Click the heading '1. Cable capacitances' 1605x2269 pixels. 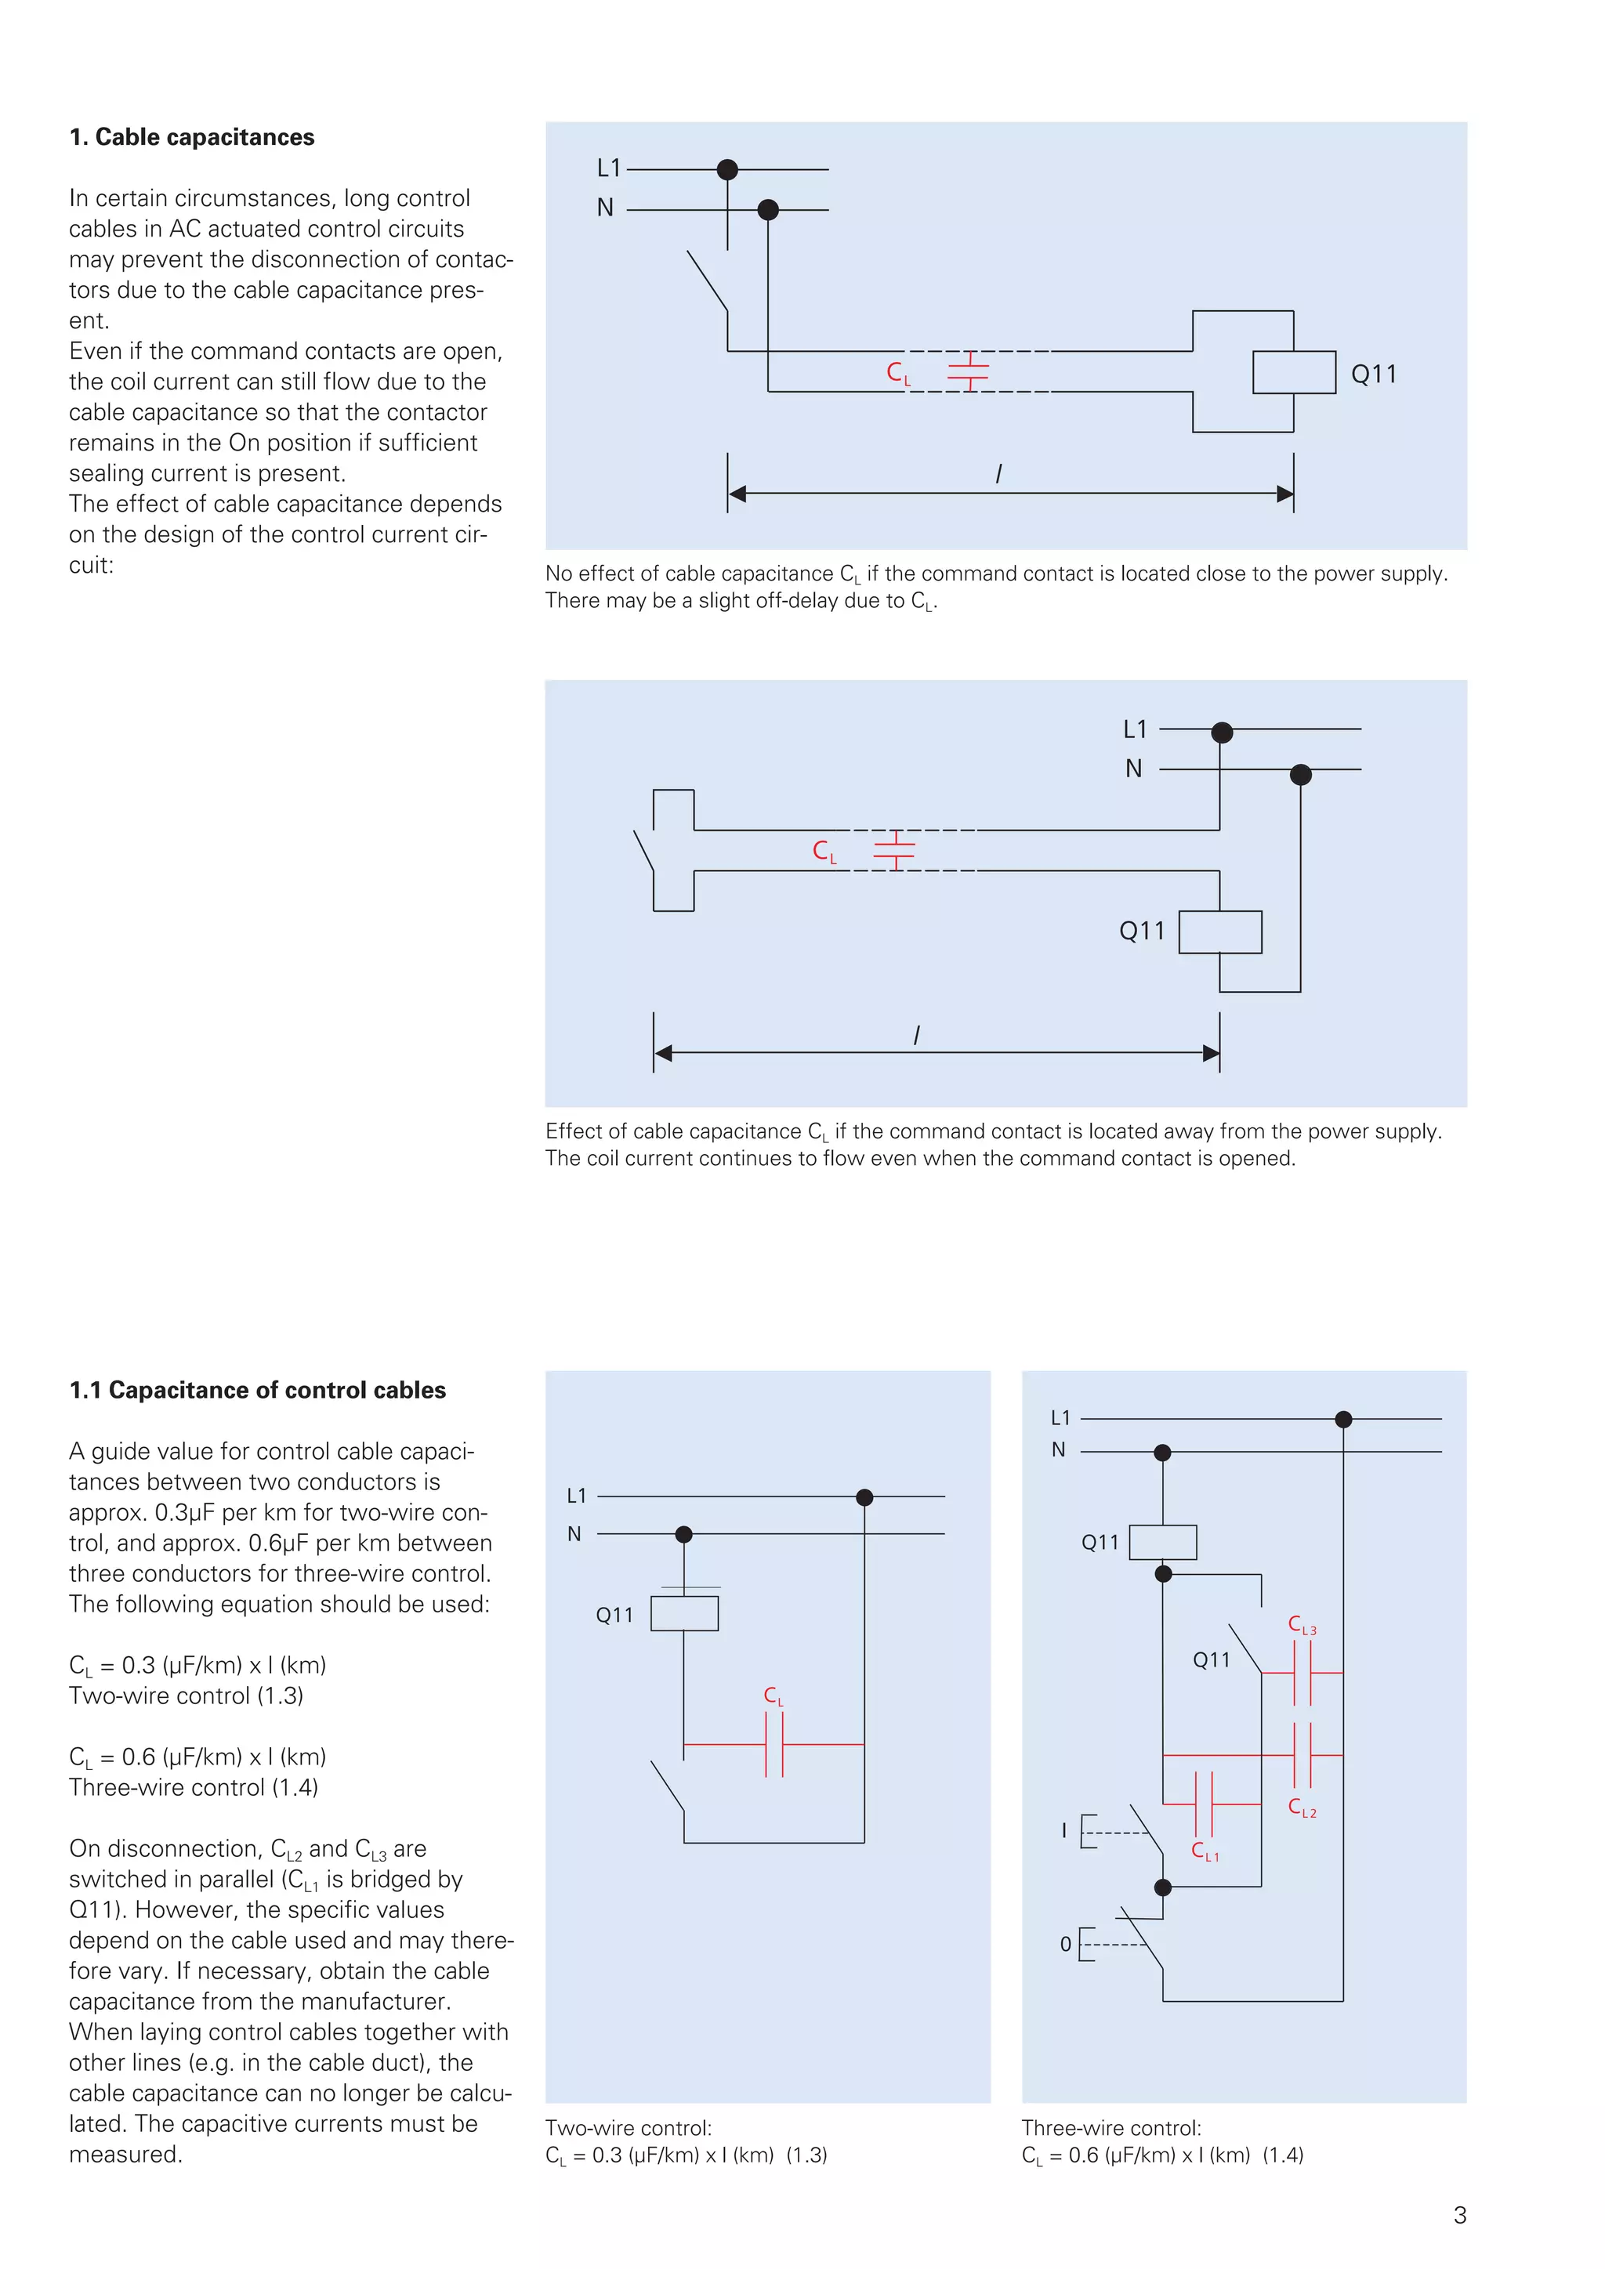(x=192, y=137)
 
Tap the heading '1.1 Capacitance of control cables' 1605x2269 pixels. (x=257, y=1391)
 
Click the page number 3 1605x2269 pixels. (x=1460, y=2216)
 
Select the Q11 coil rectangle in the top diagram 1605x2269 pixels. (x=1294, y=373)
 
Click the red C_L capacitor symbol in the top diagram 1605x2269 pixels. (x=969, y=371)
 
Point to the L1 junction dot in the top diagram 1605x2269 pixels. (x=727, y=170)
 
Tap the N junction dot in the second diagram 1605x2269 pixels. (x=1301, y=775)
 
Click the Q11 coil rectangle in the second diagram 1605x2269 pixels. (x=1220, y=932)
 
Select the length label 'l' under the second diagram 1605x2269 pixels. (x=916, y=1035)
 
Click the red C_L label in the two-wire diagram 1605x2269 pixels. (x=773, y=1695)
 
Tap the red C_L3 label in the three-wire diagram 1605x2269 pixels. (x=1302, y=1626)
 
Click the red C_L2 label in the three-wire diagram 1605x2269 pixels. (x=1302, y=1808)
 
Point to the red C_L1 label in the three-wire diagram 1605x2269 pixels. (x=1205, y=1851)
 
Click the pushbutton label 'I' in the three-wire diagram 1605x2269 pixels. (x=1064, y=1830)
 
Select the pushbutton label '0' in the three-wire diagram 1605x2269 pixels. (x=1065, y=1944)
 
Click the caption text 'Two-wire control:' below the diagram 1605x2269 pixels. (x=629, y=2128)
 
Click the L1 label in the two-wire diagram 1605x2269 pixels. (x=576, y=1496)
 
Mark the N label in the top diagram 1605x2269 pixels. (x=605, y=208)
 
